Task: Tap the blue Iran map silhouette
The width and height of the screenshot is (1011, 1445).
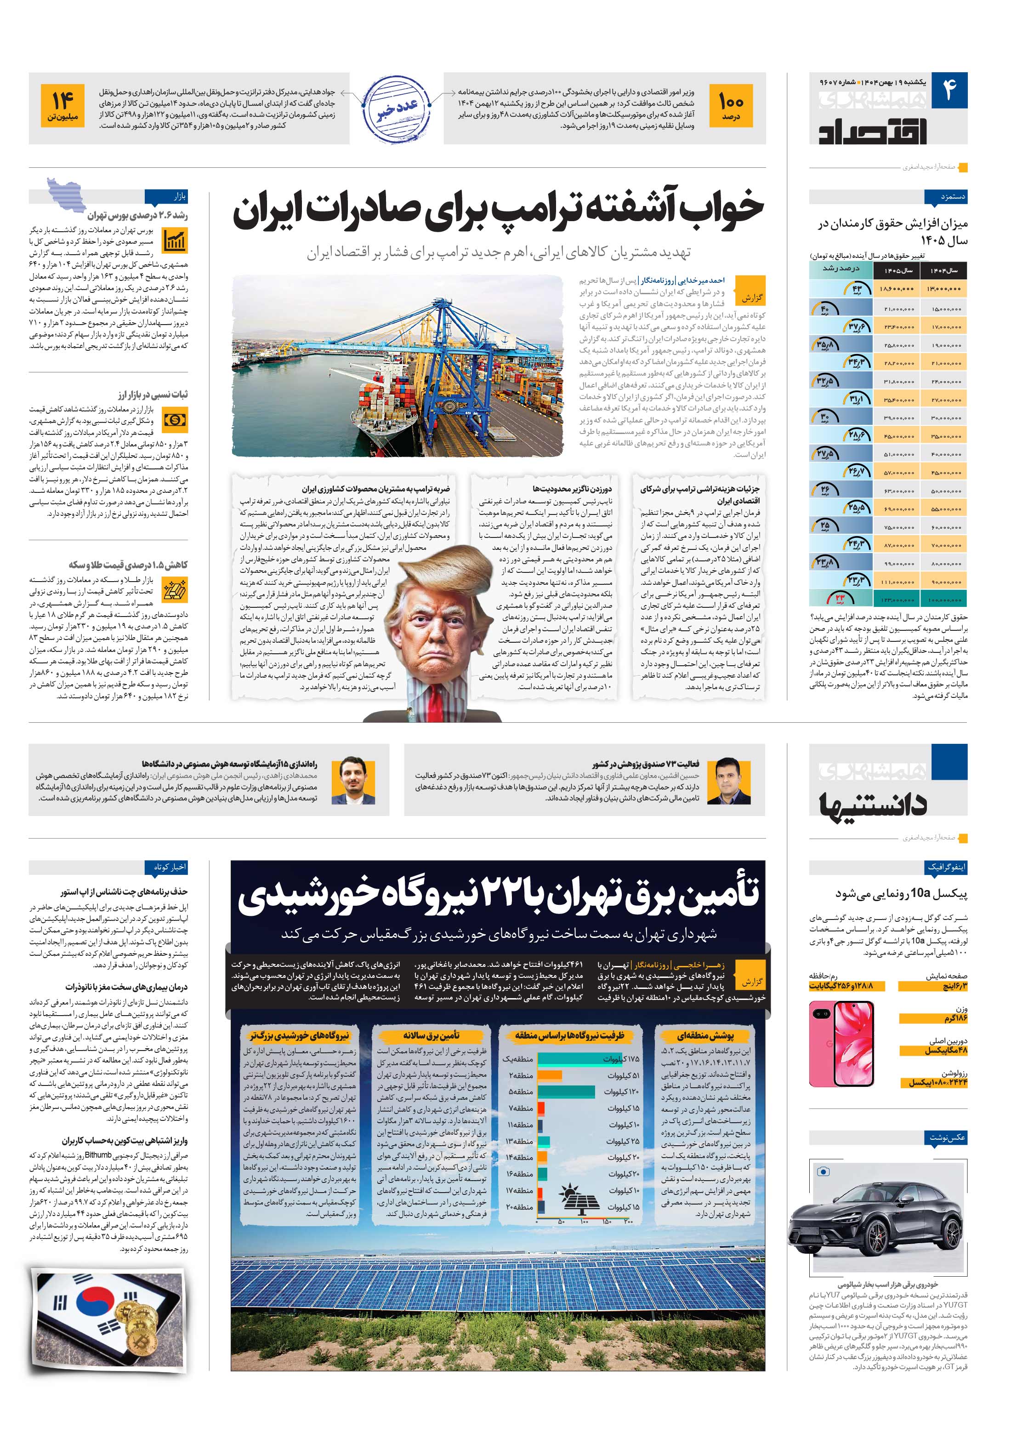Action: tap(66, 196)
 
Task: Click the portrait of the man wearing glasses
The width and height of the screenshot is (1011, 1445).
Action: tap(358, 781)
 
